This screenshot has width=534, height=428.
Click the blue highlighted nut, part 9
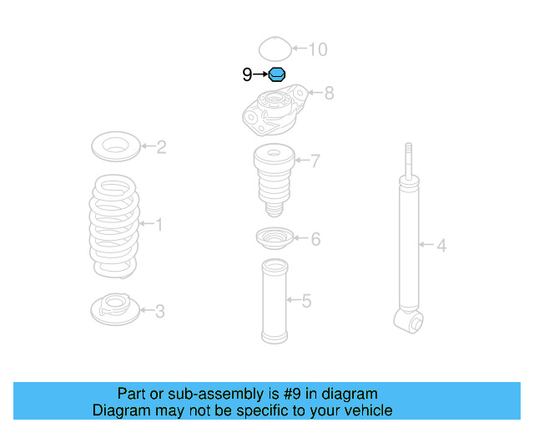pyautogui.click(x=277, y=74)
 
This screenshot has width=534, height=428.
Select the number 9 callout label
pyautogui.click(x=247, y=75)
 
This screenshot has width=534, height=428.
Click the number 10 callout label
pyautogui.click(x=318, y=49)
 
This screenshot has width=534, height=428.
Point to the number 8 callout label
pyautogui.click(x=329, y=93)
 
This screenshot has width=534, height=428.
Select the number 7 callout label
pyautogui.click(x=315, y=161)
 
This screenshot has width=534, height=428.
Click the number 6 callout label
pyautogui.click(x=315, y=240)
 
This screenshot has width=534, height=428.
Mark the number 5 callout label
pyautogui.click(x=306, y=300)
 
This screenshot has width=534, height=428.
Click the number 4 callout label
pyautogui.click(x=441, y=245)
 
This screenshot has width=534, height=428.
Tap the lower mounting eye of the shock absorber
pyautogui.click(x=408, y=318)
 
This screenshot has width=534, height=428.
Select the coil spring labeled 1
pyautogui.click(x=114, y=224)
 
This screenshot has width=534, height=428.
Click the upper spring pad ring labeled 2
pyautogui.click(x=115, y=147)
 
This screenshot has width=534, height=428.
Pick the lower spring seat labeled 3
pyautogui.click(x=113, y=308)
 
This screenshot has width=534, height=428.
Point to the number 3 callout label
pyautogui.click(x=159, y=312)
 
